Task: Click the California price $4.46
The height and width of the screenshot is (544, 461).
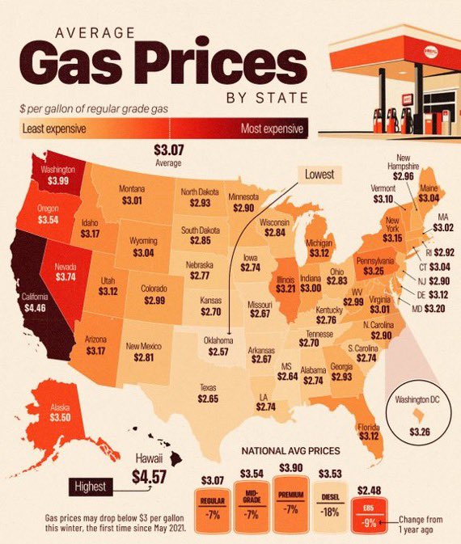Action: coord(32,307)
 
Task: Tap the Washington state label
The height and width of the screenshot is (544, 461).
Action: coord(57,171)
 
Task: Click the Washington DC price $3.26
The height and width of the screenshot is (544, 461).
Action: coord(420,432)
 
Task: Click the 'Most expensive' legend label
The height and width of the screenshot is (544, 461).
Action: coord(273,129)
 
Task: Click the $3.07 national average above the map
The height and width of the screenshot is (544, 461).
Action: coord(167,150)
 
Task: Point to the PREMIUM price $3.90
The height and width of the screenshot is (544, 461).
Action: coord(293,469)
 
